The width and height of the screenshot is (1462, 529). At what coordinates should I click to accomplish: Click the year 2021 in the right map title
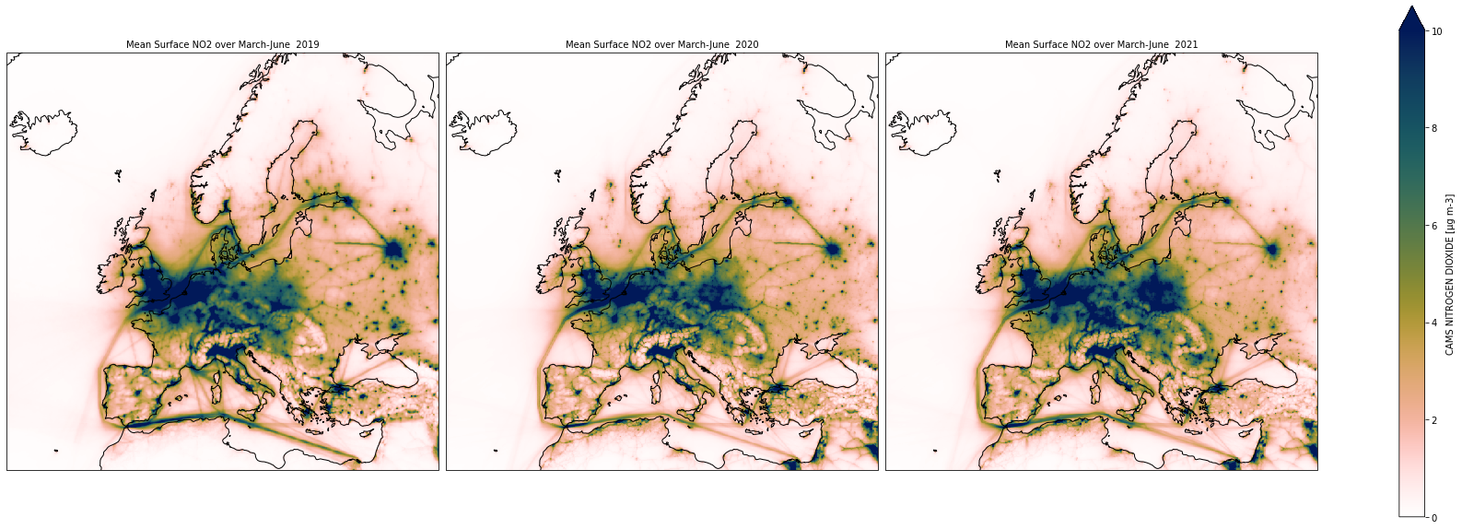tap(1187, 44)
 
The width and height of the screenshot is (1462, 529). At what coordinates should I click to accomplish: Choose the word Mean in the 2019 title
tap(137, 44)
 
